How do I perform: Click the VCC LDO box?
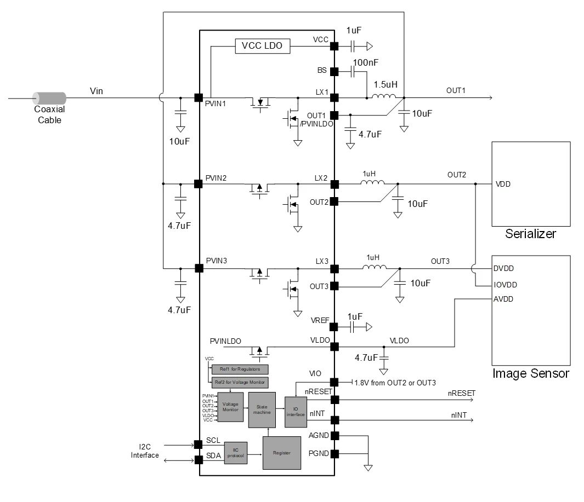[x=262, y=46]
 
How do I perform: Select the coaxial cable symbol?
[x=49, y=99]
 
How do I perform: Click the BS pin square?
[x=334, y=71]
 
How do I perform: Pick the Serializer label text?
[x=530, y=234]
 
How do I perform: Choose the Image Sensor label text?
[x=530, y=374]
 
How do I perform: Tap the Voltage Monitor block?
[x=230, y=407]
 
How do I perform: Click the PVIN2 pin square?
[x=199, y=184]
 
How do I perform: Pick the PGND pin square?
[x=334, y=454]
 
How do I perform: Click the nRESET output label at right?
[x=461, y=393]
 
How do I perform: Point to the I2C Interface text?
[x=145, y=451]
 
